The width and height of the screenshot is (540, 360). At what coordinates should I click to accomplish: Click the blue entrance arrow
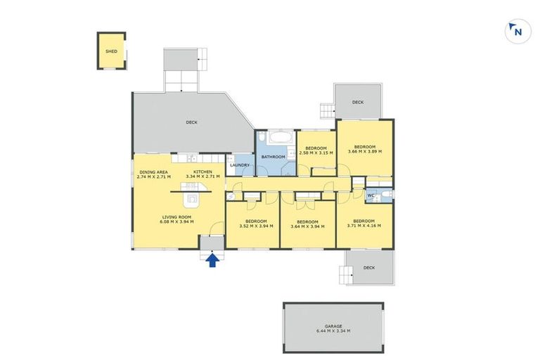(212, 261)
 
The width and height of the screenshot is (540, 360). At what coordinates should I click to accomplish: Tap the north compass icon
(517, 31)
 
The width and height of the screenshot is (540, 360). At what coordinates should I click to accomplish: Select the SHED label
(111, 51)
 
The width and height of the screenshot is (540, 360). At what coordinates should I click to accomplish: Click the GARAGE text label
(333, 326)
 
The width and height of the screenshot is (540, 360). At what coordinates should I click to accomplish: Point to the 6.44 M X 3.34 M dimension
(333, 331)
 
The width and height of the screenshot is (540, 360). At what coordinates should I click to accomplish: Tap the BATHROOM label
(274, 156)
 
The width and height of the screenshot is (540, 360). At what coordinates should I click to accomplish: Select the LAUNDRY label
(240, 165)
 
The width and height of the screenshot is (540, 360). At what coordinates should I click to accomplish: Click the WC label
(371, 195)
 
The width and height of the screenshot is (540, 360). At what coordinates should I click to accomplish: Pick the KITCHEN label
(203, 172)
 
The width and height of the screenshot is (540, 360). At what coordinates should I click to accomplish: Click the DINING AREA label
(153, 172)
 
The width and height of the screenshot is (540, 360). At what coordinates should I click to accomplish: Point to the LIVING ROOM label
(177, 217)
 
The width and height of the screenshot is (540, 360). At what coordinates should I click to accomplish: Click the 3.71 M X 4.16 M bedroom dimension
(364, 226)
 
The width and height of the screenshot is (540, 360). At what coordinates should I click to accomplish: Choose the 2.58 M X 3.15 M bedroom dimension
(316, 153)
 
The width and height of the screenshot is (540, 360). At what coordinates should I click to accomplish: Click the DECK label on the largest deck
(191, 122)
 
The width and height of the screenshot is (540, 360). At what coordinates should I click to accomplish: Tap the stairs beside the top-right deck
(327, 110)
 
